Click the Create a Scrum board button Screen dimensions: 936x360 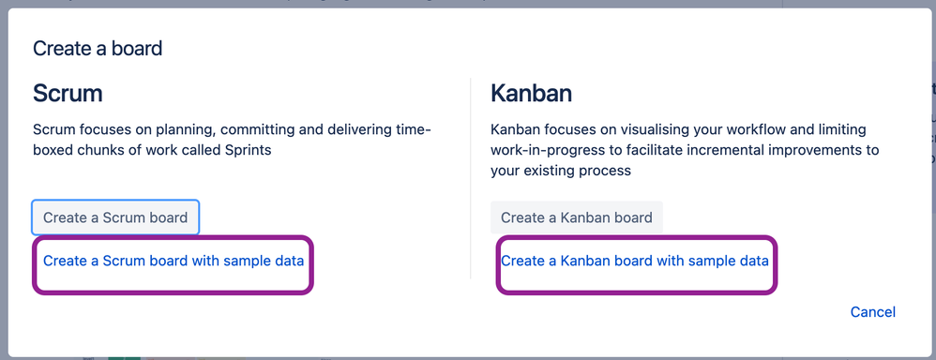click(115, 217)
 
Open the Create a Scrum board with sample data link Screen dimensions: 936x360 click(174, 261)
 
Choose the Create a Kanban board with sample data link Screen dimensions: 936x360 click(635, 261)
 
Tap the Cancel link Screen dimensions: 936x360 click(873, 311)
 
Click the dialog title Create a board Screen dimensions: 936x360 click(98, 48)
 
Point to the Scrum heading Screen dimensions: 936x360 click(68, 94)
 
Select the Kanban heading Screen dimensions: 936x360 click(531, 94)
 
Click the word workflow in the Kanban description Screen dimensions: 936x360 click(775, 130)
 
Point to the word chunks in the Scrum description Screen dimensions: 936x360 click(97, 150)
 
